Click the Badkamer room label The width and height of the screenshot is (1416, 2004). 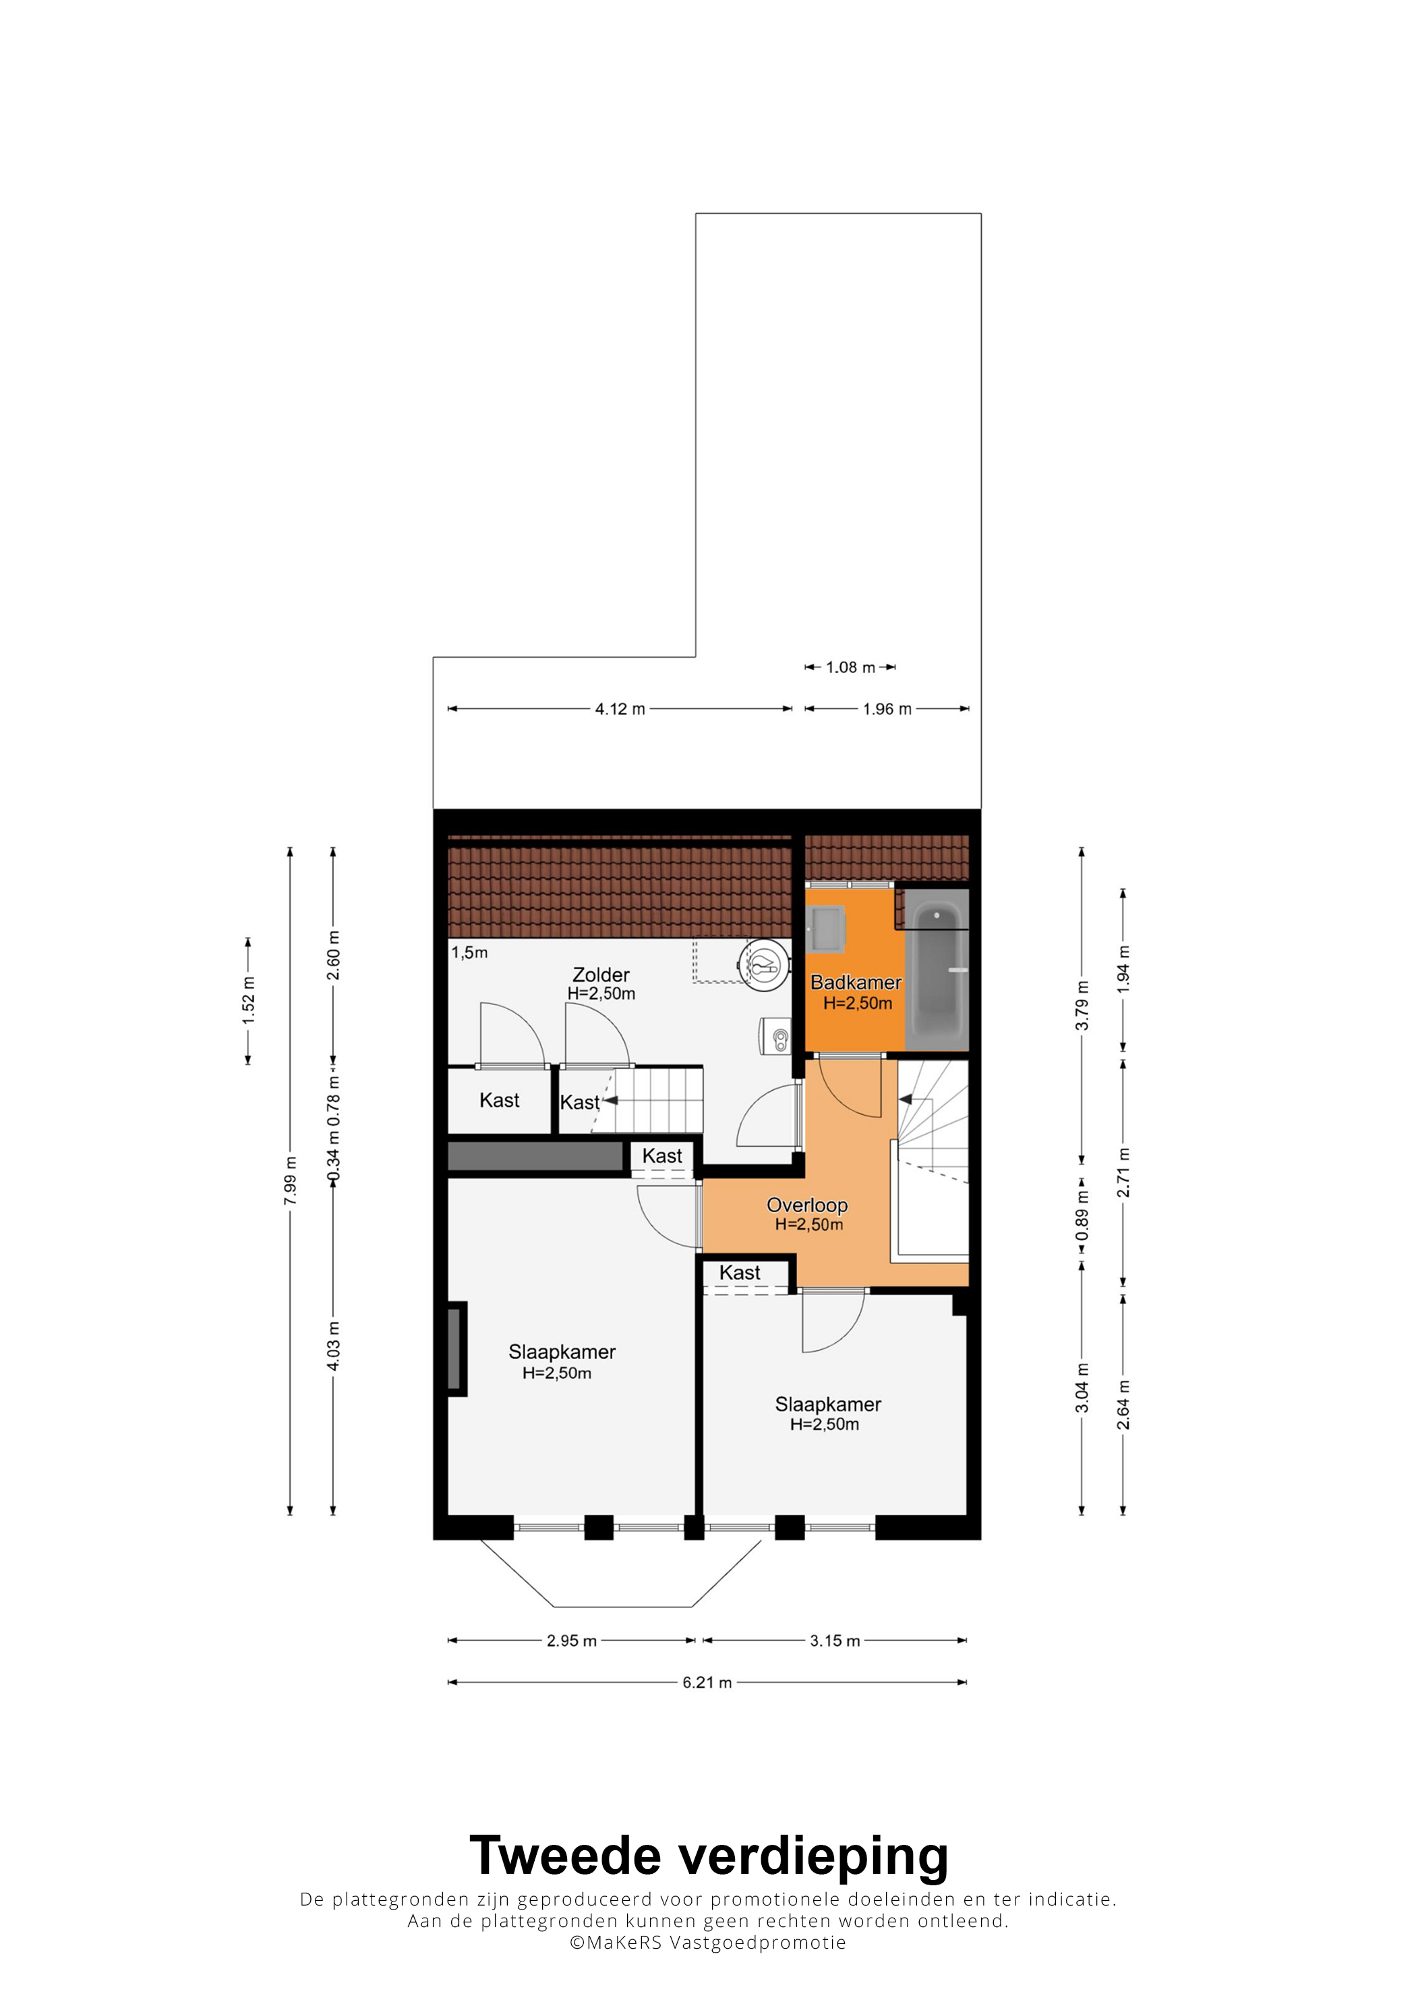(855, 983)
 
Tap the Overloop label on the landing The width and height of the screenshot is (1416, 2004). (807, 1205)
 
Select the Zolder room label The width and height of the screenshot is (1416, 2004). (601, 975)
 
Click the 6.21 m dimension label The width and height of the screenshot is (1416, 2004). (707, 1682)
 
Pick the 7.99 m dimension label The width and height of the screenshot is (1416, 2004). (291, 1181)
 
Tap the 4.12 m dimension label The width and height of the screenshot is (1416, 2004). (620, 710)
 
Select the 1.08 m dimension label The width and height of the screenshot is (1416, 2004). (851, 668)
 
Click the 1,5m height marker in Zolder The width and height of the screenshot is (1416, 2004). (469, 952)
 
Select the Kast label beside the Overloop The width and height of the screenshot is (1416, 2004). (740, 1273)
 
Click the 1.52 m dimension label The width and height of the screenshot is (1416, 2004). (249, 1001)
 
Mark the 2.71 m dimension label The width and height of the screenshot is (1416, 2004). (1124, 1173)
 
